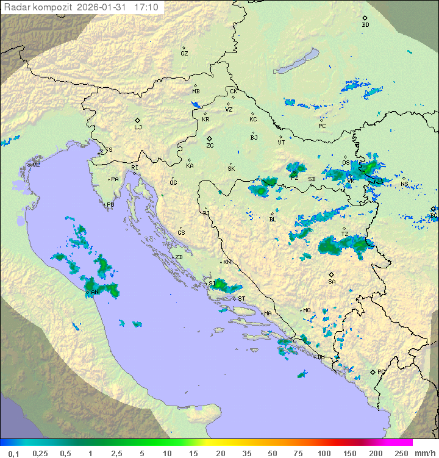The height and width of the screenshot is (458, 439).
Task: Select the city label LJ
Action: point(138,127)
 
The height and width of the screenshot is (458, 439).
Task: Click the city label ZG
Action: point(210,146)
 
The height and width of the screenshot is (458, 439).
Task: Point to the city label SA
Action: point(332,281)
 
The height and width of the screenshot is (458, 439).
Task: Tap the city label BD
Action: point(365,25)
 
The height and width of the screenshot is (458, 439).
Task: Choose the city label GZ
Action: point(184,53)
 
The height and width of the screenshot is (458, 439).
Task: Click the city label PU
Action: point(110,205)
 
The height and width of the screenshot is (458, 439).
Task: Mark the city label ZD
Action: point(179,257)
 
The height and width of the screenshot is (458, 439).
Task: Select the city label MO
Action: point(307,310)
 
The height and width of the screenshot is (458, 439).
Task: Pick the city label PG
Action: point(381,371)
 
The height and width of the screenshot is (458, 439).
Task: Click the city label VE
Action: point(36,165)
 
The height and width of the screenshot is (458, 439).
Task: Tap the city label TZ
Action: point(344,234)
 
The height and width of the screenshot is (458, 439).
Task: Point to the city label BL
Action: point(273,219)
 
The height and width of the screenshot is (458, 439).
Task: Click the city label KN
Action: point(227,262)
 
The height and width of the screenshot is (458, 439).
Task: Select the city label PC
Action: point(322,126)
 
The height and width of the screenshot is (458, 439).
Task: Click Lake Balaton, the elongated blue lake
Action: point(296,62)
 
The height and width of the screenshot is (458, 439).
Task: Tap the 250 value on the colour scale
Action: point(401,453)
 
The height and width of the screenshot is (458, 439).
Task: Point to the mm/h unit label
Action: point(424,453)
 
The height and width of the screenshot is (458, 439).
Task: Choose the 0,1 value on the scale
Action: point(13,453)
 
